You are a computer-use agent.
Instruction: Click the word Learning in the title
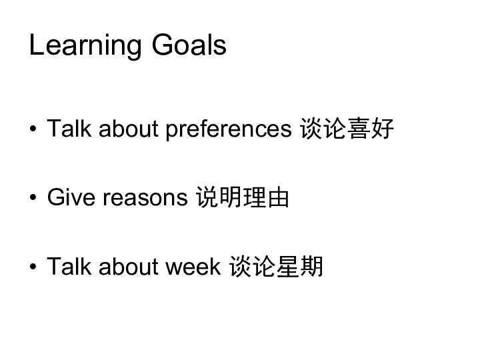85,45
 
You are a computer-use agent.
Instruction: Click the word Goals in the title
189,45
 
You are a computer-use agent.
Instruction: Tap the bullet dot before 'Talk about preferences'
33,129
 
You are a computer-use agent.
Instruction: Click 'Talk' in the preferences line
69,128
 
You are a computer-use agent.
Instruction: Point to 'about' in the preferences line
129,128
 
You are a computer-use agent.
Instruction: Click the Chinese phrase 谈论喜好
347,129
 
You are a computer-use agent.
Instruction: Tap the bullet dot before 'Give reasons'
33,197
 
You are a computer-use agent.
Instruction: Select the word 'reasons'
145,199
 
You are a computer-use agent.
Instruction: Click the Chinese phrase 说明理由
243,197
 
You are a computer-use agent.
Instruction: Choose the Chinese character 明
231,197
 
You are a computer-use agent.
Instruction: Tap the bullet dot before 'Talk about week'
33,266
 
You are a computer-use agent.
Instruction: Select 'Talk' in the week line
69,266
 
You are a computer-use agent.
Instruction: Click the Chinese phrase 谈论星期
277,266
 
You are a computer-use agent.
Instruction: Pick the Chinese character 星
288,266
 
